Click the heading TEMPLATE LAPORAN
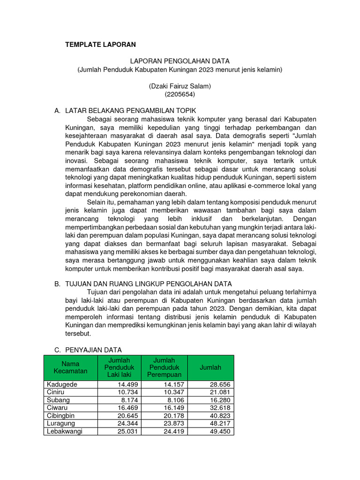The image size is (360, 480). coord(100,45)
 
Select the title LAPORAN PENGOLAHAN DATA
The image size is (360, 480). coord(180,61)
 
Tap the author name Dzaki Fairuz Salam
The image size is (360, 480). coord(180,86)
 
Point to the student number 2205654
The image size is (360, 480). coord(180,94)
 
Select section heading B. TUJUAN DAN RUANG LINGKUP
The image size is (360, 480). coord(143,284)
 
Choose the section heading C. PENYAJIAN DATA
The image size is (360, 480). coord(88,350)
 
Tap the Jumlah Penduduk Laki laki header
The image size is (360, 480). coord(119,367)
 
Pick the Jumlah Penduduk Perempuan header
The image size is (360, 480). coord(165,367)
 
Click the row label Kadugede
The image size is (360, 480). coord(62,384)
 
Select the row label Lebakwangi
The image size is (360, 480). coord(64,431)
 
